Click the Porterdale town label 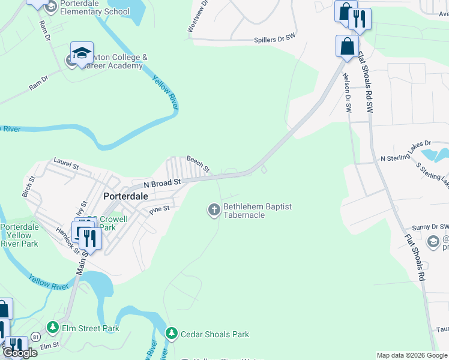pos(126,196)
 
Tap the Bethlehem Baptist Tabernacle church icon pos(214,209)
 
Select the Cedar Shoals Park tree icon pos(172,333)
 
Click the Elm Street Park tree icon pos(53,328)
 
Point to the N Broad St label pos(162,182)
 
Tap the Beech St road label pos(198,164)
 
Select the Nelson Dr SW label pos(347,94)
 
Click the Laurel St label pos(66,161)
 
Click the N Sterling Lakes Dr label pos(406,151)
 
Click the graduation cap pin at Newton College pos(82,53)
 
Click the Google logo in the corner pos(20,353)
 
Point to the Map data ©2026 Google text pos(412,355)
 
